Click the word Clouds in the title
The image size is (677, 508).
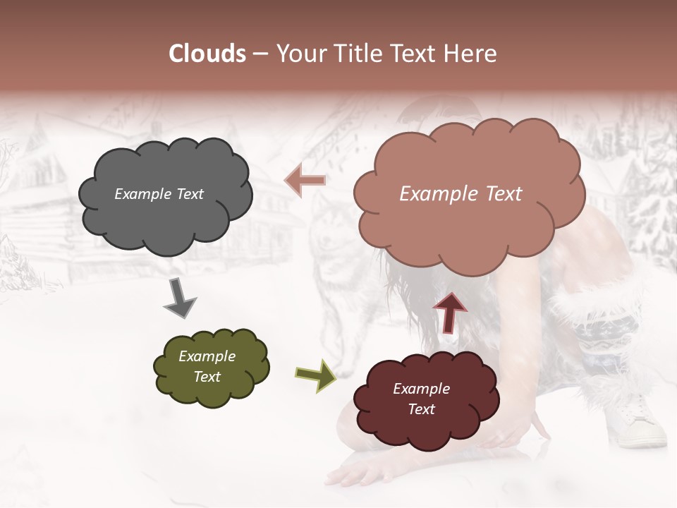coord(207,54)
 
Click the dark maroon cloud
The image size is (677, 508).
coord(426,423)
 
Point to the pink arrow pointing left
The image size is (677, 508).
coord(305,180)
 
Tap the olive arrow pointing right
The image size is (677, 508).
coord(315,375)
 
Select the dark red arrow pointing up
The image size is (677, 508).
coord(450,312)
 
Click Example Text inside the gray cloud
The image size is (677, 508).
coord(159,194)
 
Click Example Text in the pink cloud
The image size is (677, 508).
coord(461,194)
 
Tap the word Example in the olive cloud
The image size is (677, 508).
coord(207,356)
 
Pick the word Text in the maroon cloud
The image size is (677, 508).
coord(422,409)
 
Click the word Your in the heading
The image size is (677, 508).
coord(295,54)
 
